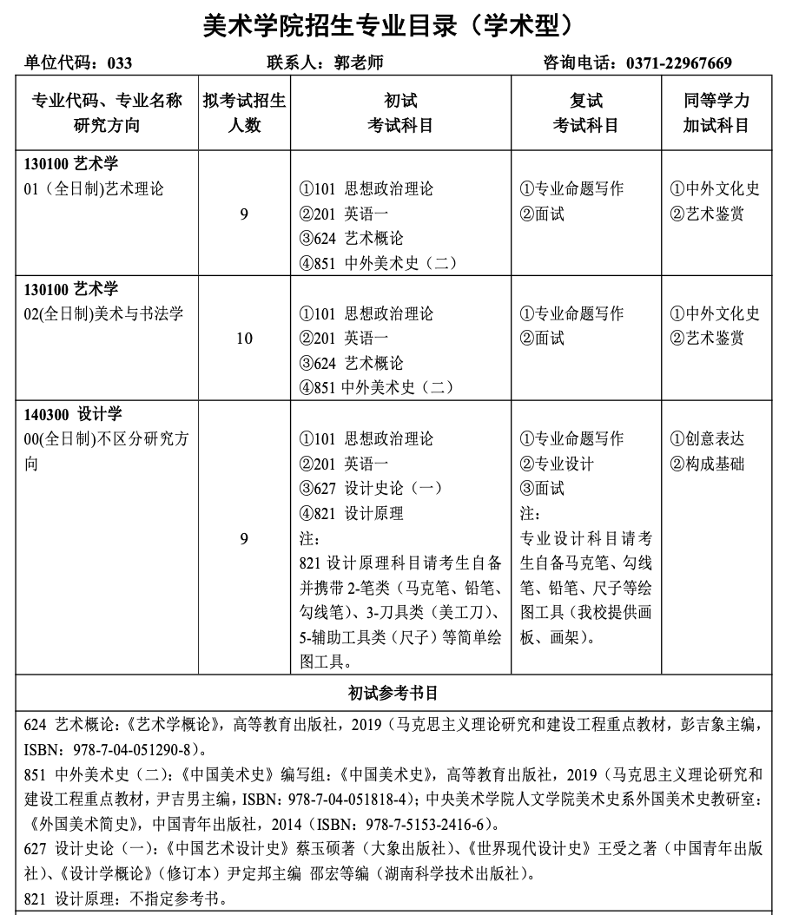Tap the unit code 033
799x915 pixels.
click(x=120, y=63)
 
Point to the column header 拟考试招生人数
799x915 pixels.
click(x=244, y=113)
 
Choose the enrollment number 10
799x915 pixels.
click(x=244, y=339)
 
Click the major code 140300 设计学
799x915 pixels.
click(x=74, y=414)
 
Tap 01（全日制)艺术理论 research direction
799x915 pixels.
click(x=94, y=189)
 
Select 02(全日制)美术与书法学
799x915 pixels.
click(x=104, y=314)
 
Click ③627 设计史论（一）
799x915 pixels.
click(x=371, y=489)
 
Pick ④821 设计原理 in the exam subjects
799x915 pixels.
click(x=352, y=514)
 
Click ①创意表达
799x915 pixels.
click(x=708, y=439)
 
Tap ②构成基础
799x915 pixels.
click(x=708, y=464)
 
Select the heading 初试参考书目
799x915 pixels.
click(x=393, y=694)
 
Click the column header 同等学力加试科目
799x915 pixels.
click(x=716, y=113)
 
